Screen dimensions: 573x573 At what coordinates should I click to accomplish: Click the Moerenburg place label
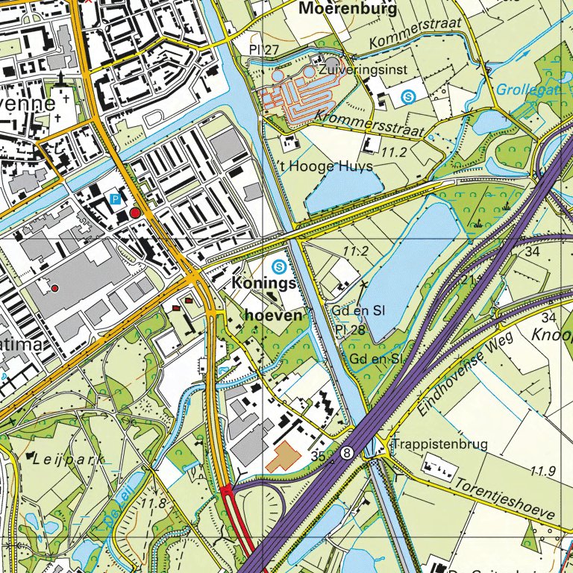[x=346, y=8]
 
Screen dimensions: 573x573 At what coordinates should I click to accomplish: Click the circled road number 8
[x=347, y=452]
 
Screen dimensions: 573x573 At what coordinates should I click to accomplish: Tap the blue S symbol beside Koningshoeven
[x=279, y=265]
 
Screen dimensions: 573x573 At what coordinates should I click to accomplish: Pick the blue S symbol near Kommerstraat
[x=408, y=96]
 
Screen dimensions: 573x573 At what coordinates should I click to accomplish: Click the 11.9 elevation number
[x=545, y=470]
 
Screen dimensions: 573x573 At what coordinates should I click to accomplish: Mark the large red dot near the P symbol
[x=135, y=213]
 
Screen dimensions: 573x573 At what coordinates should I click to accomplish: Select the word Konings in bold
[x=264, y=284]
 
